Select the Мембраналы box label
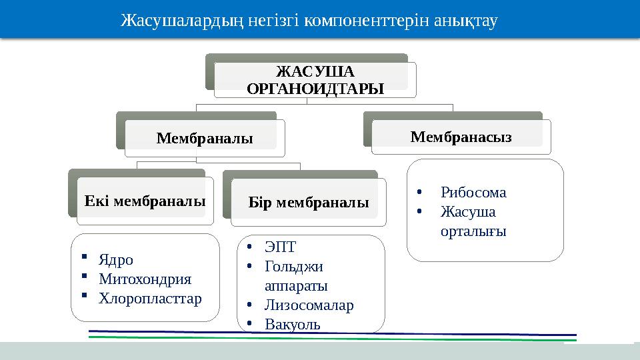click(x=205, y=139)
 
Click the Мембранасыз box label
click(x=461, y=137)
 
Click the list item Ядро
click(x=116, y=260)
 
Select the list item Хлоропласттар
click(x=150, y=298)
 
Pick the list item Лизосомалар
click(x=309, y=305)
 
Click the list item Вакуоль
click(x=292, y=325)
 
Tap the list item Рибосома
click(x=473, y=193)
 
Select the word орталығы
click(x=473, y=231)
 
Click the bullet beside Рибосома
click(x=419, y=193)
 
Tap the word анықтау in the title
click(x=466, y=21)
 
